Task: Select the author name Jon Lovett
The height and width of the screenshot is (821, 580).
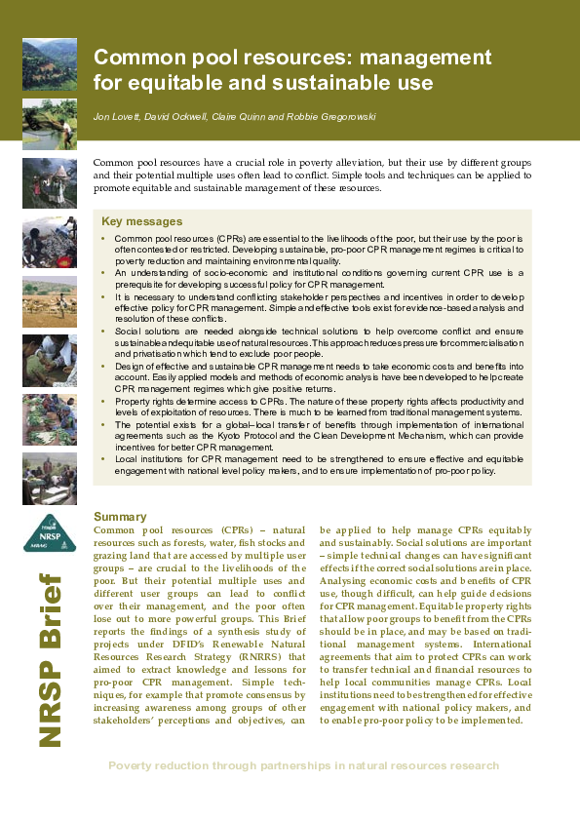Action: [113, 117]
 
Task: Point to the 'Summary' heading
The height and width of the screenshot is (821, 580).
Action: [120, 516]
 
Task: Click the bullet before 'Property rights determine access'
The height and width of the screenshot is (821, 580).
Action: [103, 402]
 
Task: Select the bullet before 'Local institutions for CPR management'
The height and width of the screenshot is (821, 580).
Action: [103, 458]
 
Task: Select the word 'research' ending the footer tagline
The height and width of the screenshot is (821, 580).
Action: [469, 765]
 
